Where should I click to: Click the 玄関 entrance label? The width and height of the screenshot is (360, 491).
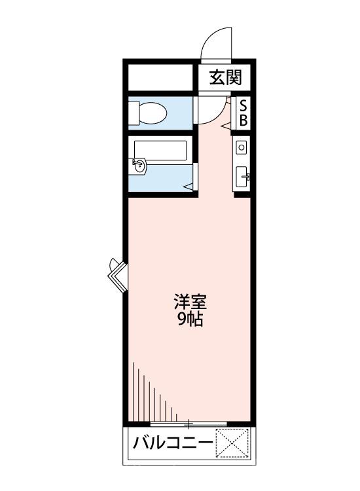(226, 79)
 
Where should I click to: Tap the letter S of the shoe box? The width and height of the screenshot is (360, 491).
(242, 105)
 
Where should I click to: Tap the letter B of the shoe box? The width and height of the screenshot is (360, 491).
(242, 120)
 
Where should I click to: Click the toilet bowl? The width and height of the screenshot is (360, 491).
(153, 113)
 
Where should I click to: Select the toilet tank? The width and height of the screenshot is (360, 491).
(134, 113)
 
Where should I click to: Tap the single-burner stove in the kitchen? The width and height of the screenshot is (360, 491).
(242, 148)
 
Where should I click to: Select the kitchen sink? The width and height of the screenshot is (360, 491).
(242, 175)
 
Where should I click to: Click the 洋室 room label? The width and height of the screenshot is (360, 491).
(190, 303)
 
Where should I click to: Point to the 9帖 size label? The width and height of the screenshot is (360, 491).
(190, 320)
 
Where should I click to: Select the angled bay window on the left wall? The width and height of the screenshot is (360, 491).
(117, 274)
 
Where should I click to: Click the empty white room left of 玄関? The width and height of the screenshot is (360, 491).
(161, 78)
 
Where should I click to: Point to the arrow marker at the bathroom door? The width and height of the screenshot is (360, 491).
(187, 187)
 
